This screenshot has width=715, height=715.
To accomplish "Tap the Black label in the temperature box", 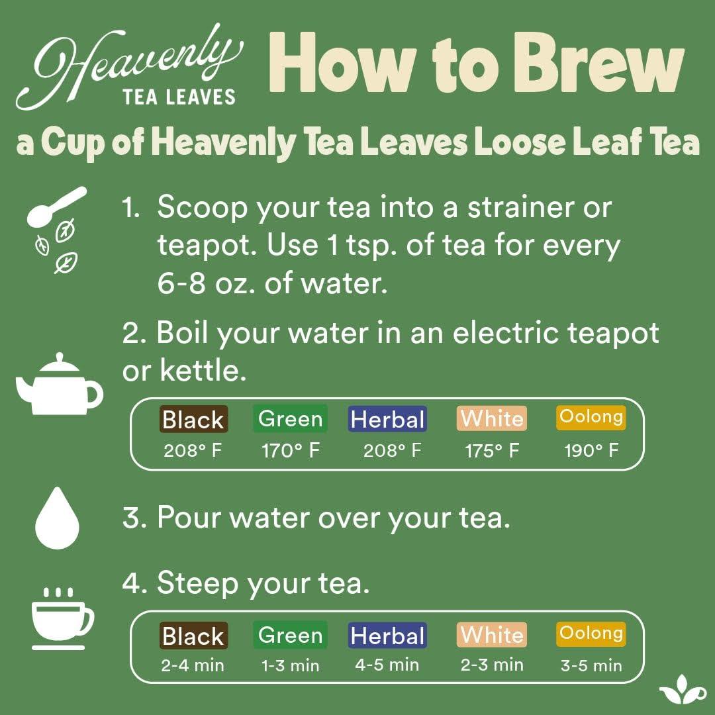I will (193, 420).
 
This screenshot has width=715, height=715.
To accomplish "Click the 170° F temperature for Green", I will (290, 452).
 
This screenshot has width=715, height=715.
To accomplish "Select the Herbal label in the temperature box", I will (387, 419).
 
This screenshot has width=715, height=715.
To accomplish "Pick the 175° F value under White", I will (491, 452).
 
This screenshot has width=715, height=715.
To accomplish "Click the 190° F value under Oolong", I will (591, 452).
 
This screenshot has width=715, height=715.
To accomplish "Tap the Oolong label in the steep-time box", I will (591, 634).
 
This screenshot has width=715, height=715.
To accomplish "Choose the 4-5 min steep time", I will (387, 664).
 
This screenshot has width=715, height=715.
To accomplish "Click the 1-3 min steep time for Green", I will (290, 665).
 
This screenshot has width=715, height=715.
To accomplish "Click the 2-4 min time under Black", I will (193, 665).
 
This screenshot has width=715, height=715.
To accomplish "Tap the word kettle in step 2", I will (203, 371).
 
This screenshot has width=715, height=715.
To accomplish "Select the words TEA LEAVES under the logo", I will (179, 97).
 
